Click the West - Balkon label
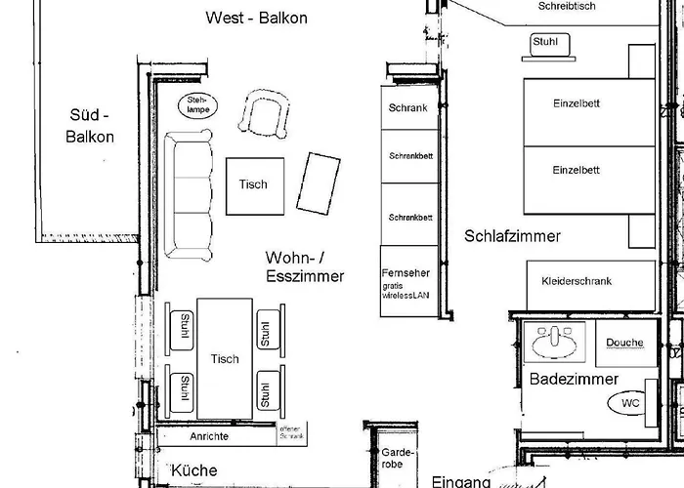[257, 18]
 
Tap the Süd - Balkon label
[90, 127]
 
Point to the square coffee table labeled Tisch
[253, 184]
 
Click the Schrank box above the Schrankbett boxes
[407, 108]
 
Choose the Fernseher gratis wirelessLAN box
[406, 279]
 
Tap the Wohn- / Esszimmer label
[304, 266]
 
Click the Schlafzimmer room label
[512, 236]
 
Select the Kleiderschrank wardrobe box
[576, 281]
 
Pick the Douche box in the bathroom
[624, 343]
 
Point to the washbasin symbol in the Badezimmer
[553, 343]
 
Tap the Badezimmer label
[574, 379]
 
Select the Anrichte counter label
[209, 437]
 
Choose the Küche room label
[194, 471]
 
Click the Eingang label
[460, 481]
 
